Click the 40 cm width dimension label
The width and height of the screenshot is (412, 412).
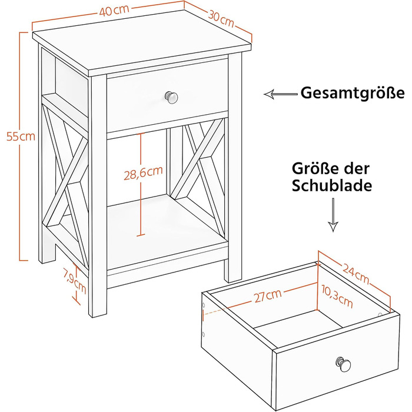[114, 11]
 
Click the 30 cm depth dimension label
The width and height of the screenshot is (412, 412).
[221, 19]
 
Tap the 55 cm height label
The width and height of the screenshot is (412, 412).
[21, 137]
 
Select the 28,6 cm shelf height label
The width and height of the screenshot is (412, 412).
[144, 173]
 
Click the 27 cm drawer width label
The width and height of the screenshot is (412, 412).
[267, 295]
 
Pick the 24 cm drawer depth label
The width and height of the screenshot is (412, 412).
[356, 274]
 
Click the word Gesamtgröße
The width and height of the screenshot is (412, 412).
[353, 93]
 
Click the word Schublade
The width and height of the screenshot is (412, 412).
[332, 186]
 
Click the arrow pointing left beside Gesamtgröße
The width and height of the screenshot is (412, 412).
[281, 94]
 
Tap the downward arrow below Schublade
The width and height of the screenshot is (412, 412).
[333, 215]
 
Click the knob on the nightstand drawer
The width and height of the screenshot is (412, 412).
[171, 98]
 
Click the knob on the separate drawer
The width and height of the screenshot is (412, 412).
[343, 364]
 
